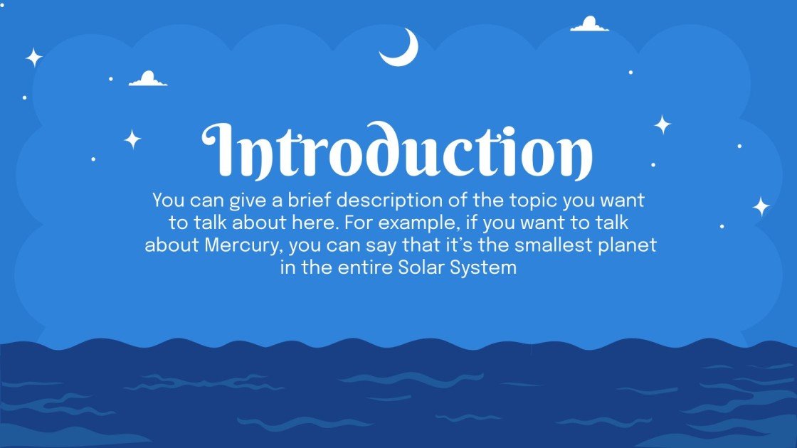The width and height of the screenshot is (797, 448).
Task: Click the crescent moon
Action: (400, 50)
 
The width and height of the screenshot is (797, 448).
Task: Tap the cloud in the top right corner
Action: (589, 25)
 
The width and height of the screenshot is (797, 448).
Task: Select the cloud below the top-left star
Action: (148, 80)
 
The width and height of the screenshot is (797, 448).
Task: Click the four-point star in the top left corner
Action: (33, 58)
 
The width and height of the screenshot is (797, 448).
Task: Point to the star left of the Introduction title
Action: (132, 139)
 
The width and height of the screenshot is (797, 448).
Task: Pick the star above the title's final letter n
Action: (663, 125)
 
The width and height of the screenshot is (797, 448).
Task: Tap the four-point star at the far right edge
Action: (761, 207)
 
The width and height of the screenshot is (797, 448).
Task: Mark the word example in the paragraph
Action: (426, 223)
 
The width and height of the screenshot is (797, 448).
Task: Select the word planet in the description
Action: (630, 246)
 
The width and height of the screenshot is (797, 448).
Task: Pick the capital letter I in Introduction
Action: (222, 151)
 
